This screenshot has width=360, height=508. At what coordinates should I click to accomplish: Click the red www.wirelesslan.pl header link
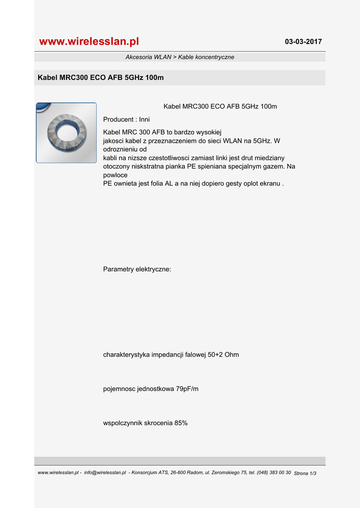[x=89, y=41]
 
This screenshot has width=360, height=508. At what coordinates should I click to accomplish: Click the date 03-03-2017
[x=303, y=42]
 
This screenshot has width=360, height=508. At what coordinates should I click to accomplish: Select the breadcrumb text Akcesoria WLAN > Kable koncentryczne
[x=180, y=57]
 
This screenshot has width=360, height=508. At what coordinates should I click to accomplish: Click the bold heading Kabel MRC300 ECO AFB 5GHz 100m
[x=101, y=78]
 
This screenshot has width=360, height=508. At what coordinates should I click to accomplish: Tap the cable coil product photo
[x=67, y=133]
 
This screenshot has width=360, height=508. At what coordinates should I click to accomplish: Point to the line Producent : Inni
[x=126, y=120]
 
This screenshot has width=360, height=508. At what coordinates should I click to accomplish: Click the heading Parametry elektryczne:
[x=137, y=269]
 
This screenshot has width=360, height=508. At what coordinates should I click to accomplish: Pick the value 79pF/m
[x=187, y=389]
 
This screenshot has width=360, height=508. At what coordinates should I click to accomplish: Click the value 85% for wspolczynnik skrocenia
[x=181, y=423]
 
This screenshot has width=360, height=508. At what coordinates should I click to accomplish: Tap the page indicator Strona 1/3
[x=305, y=473]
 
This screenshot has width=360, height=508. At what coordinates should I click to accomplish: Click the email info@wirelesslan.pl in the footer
[x=105, y=473]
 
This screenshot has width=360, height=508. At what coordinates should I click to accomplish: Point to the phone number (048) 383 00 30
[x=274, y=473]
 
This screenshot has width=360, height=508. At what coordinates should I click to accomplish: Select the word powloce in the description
[x=115, y=175]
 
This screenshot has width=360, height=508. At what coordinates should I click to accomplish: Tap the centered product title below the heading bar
[x=220, y=107]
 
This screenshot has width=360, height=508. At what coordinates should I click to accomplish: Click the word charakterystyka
[x=126, y=355]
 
